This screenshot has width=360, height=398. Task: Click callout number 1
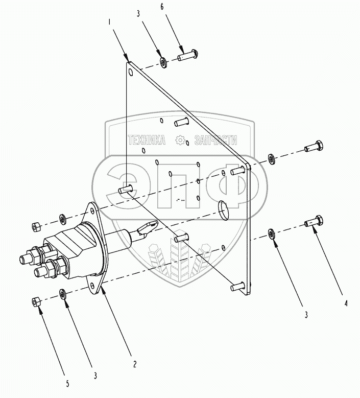[x=109, y=22]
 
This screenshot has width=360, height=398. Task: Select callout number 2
[x=134, y=364]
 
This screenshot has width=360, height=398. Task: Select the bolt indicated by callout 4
[x=313, y=223]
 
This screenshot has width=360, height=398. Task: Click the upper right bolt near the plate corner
[x=313, y=147]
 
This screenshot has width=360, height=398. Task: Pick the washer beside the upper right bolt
[x=271, y=160]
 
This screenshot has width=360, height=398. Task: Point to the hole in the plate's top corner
[x=131, y=73]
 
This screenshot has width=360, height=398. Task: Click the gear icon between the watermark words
[x=180, y=140]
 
